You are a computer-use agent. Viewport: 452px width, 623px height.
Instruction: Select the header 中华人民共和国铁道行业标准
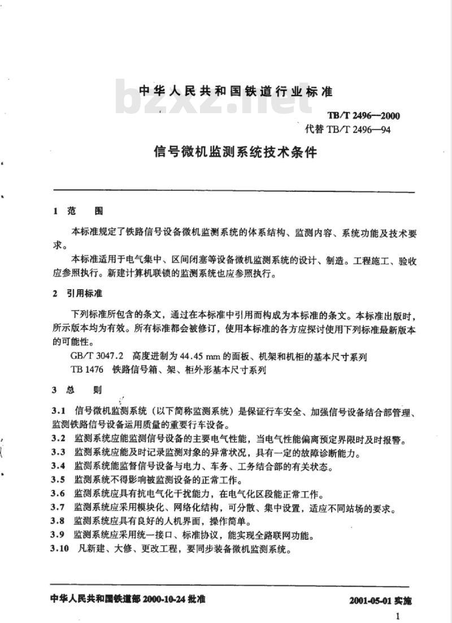(236, 92)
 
